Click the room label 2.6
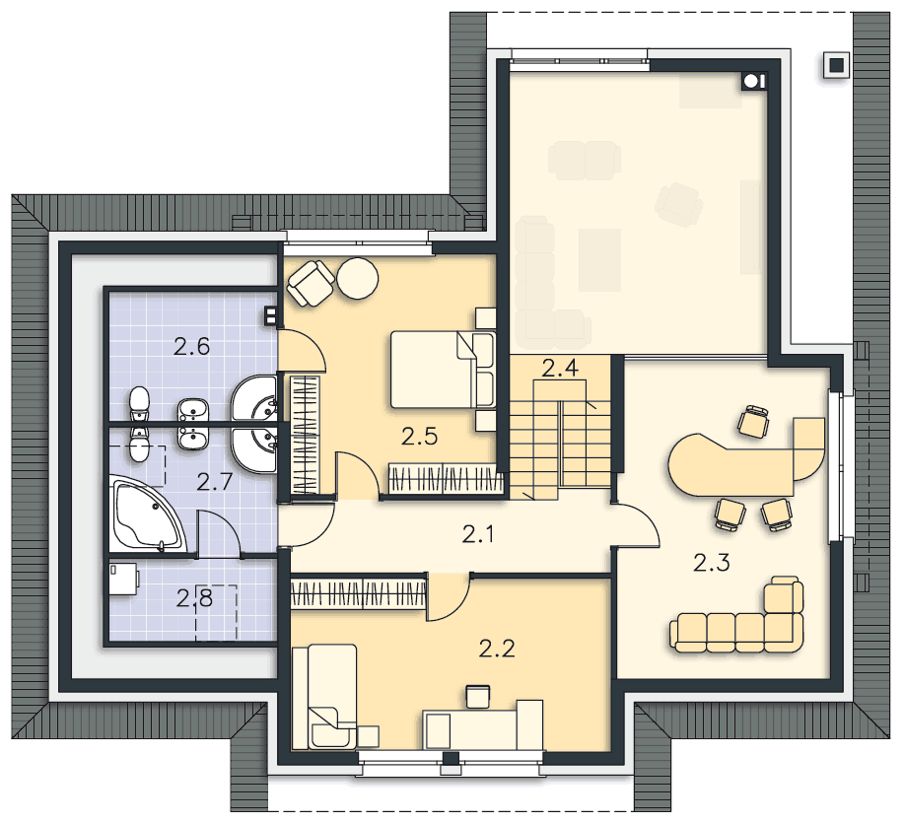click(191, 346)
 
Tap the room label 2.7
click(214, 481)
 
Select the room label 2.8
click(195, 598)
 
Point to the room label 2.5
click(420, 437)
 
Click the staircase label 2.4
click(560, 369)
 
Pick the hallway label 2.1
click(478, 535)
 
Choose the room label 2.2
click(497, 650)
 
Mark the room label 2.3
click(712, 562)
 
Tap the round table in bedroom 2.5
click(358, 278)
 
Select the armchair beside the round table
click(311, 283)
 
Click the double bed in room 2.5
click(442, 370)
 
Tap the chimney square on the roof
click(836, 65)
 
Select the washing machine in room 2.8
click(123, 579)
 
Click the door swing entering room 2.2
click(449, 598)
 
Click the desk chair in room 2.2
click(477, 697)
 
